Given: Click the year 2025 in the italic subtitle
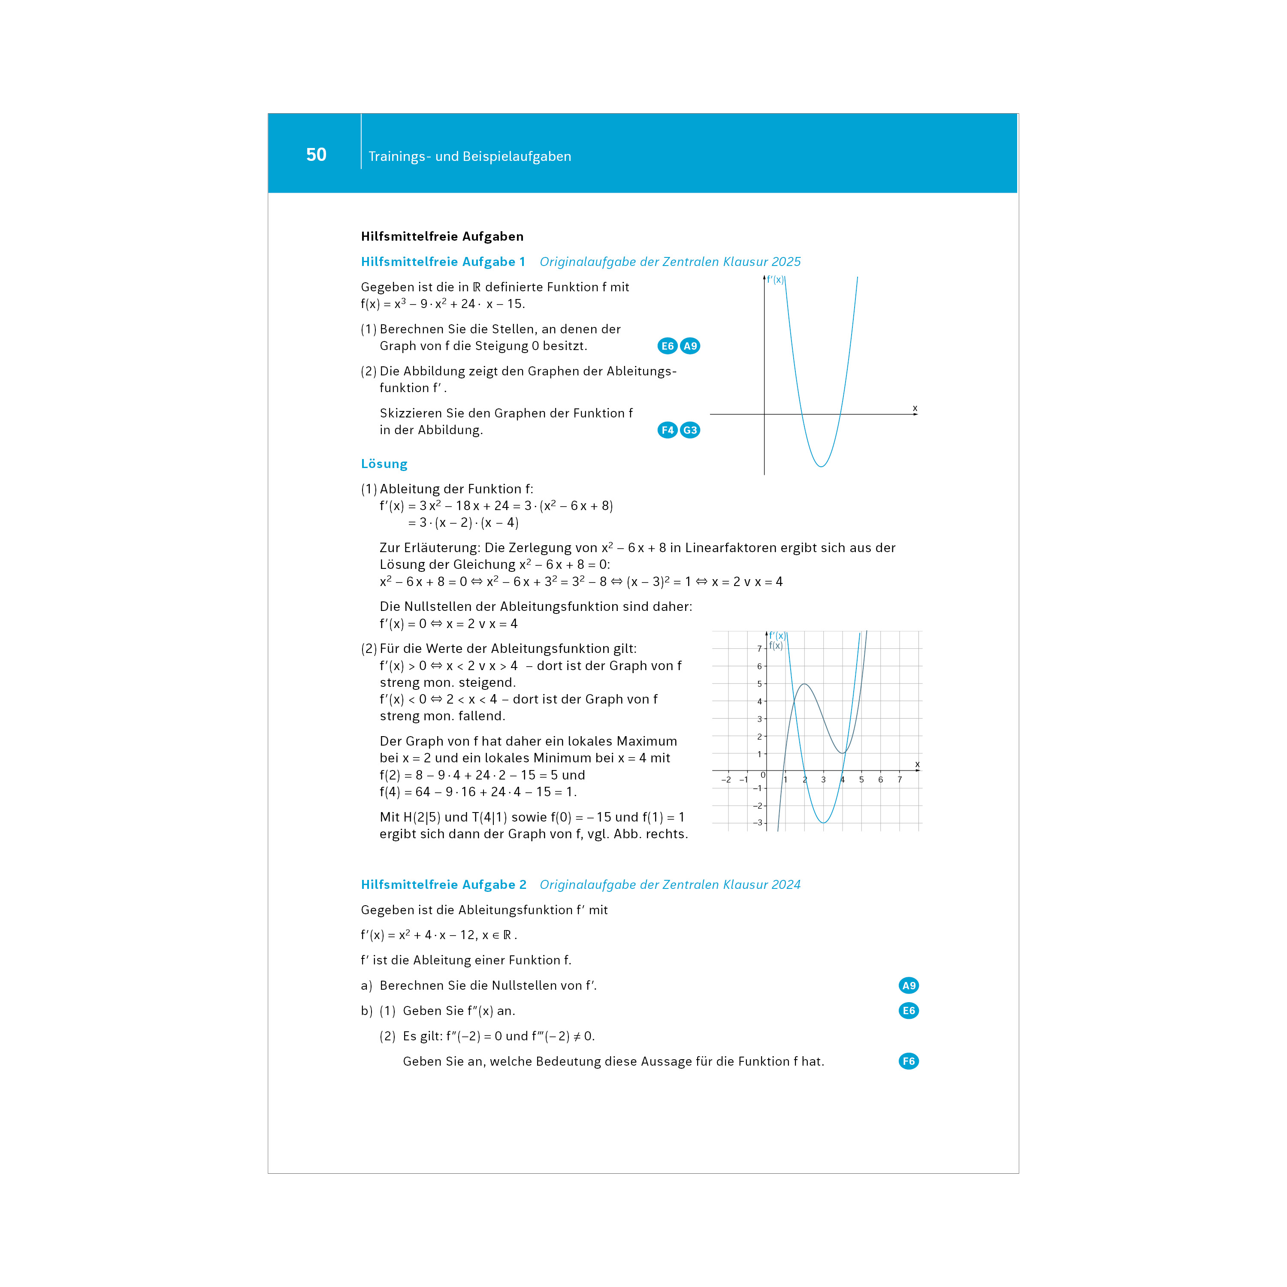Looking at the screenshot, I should point(785,262).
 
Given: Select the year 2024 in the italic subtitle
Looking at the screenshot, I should point(785,885).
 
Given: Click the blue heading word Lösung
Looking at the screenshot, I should point(384,464).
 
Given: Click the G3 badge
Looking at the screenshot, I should point(690,430).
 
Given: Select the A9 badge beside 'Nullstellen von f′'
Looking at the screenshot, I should point(909,985).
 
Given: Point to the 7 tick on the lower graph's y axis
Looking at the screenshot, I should point(759,649).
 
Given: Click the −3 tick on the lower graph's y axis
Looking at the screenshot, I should point(758,823).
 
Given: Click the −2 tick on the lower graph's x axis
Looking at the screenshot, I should point(726,779).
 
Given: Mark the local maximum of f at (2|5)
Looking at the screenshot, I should point(805,684).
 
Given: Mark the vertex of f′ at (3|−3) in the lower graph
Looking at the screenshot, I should point(824,823).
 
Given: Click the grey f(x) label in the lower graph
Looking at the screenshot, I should point(776,646).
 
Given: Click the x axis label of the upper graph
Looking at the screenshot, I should point(915,408).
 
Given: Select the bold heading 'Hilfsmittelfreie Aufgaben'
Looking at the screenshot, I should point(442,236).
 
